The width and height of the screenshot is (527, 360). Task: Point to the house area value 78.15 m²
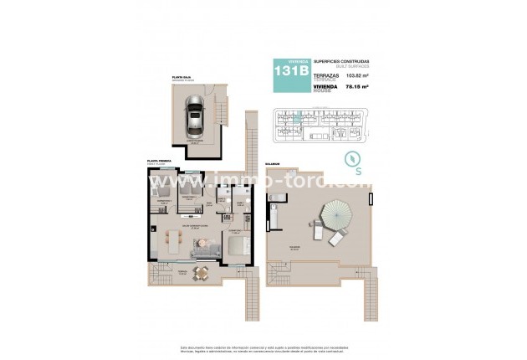[359, 91]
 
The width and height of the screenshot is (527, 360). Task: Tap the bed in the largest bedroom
[237, 244]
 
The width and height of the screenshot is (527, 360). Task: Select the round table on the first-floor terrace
[199, 272]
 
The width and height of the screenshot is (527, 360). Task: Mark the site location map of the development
[324, 125]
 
